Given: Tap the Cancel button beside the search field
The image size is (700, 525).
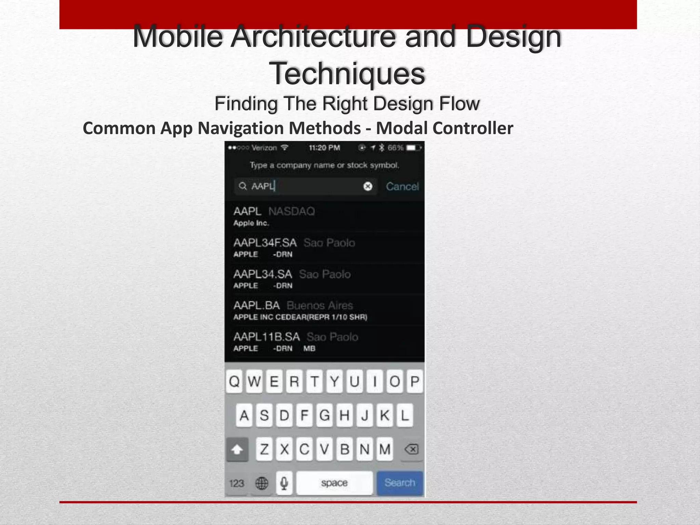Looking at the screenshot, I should (402, 186).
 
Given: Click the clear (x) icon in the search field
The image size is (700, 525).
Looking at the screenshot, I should (368, 186).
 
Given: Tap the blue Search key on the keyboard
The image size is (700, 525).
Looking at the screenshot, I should (400, 483).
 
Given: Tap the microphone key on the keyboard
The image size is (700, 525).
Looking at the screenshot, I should (284, 483).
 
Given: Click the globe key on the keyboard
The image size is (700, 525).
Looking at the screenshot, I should (262, 483).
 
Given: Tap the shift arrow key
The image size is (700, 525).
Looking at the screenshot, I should (237, 449).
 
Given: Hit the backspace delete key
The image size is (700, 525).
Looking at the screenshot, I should (411, 449).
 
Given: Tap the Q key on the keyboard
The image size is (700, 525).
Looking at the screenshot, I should (234, 381).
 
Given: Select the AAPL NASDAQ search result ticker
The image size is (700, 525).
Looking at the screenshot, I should (247, 211).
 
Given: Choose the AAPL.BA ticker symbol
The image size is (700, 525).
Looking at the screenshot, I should (257, 305).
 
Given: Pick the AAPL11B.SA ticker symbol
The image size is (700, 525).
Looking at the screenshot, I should (267, 337).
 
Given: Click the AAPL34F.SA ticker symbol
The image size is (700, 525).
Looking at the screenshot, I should (265, 243).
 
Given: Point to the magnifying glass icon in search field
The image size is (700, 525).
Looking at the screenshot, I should (243, 186).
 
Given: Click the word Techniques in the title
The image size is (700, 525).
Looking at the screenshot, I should (347, 73).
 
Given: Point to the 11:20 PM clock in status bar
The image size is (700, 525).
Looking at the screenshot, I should (324, 148).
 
